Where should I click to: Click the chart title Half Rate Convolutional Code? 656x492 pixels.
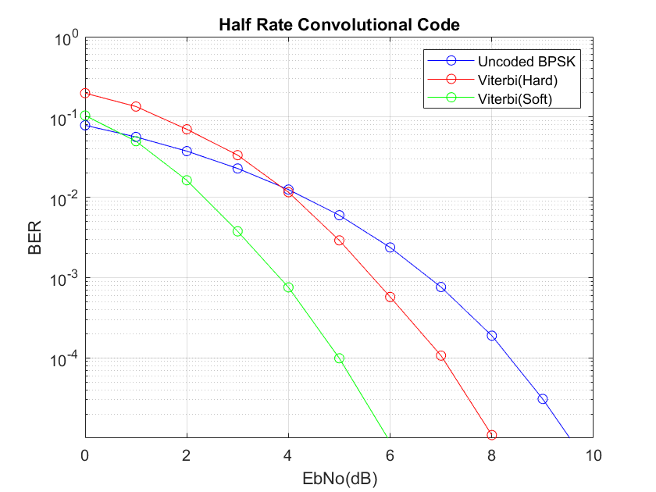pos(338,25)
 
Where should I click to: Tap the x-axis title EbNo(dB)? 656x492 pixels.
pos(338,475)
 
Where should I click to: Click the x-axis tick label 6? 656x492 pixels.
pos(390,455)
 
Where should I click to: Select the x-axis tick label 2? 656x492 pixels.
pos(187,455)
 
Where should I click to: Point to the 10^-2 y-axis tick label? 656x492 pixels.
pos(63,199)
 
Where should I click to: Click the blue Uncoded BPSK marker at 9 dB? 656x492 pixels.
pos(542,399)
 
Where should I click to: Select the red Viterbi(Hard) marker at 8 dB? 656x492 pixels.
pos(491,435)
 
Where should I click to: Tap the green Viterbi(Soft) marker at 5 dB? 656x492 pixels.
pos(339,358)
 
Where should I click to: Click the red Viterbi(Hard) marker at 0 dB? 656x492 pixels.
pos(85,93)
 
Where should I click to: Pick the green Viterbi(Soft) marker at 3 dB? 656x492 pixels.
pos(237,231)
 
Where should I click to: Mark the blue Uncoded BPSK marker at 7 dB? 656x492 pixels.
pos(440,287)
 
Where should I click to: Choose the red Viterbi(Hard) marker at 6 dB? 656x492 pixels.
pos(390,297)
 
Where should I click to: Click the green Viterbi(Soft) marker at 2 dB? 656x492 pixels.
pos(187,180)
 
